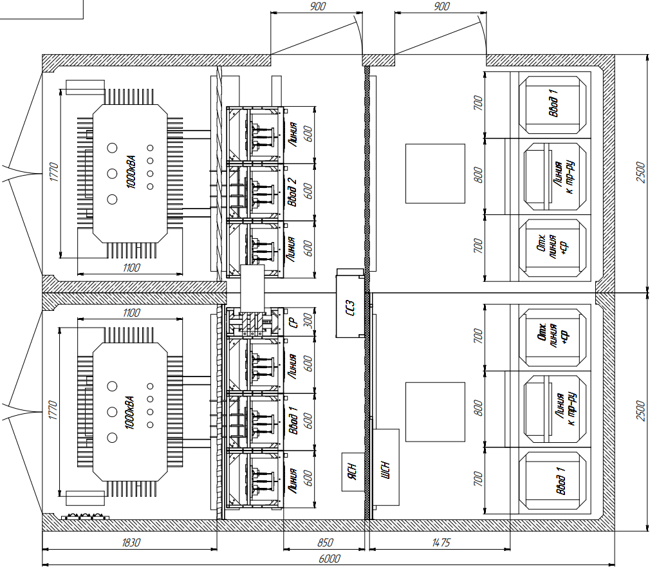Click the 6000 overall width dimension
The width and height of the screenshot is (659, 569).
click(329, 559)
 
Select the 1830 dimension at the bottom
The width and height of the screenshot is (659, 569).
click(131, 543)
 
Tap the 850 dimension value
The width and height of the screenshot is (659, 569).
click(325, 543)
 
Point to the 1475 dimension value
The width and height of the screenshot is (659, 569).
click(441, 543)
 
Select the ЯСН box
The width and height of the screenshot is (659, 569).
click(353, 472)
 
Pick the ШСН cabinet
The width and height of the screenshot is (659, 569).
click(386, 467)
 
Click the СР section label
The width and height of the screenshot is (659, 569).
click(293, 322)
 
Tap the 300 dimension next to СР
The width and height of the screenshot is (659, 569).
click(308, 321)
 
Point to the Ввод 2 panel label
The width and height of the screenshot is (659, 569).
click(292, 192)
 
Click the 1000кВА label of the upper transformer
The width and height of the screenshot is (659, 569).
click(131, 172)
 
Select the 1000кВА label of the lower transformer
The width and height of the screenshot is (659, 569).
click(130, 412)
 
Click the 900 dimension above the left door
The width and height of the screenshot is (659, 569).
click(317, 6)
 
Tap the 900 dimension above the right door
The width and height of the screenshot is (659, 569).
click(441, 6)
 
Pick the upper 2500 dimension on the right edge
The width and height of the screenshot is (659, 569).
click(640, 172)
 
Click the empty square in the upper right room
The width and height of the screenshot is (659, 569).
click(435, 174)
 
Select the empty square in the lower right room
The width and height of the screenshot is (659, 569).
click(435, 412)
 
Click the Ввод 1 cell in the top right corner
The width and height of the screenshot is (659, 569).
click(553, 104)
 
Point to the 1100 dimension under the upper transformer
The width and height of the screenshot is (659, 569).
click(131, 268)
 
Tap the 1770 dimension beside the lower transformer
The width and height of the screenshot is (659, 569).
click(52, 410)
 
